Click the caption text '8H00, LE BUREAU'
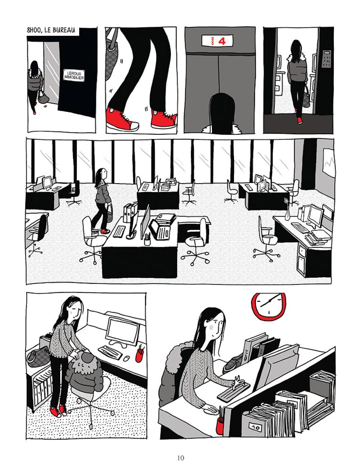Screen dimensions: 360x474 (51, 31)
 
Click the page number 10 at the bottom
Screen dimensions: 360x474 (180, 458)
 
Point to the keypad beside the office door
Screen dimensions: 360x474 (326, 59)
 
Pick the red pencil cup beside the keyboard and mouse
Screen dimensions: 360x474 (139, 354)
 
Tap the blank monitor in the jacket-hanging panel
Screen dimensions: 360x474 (122, 330)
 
